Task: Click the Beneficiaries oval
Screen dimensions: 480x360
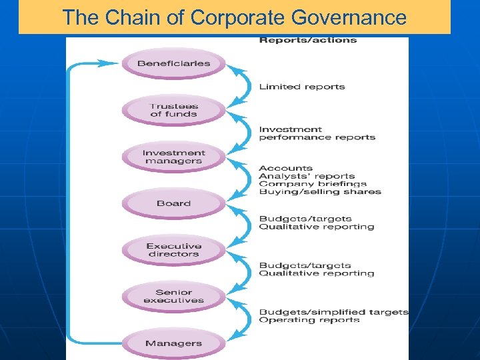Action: click(173, 64)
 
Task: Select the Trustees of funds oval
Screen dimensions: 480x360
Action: click(173, 110)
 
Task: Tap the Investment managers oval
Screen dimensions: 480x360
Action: click(173, 157)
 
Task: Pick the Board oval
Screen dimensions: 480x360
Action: click(173, 203)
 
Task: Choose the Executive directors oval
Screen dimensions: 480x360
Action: click(173, 250)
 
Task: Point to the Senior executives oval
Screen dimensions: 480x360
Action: click(173, 296)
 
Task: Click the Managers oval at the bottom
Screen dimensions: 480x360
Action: click(173, 343)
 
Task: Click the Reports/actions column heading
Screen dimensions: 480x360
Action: click(307, 40)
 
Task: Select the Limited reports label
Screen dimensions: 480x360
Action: click(302, 87)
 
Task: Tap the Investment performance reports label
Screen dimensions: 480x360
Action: click(317, 133)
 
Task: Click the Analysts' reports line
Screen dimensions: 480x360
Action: click(307, 176)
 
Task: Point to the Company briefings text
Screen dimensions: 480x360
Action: click(313, 184)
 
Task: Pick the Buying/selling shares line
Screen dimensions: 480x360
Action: click(320, 192)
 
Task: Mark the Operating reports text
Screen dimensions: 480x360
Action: click(309, 320)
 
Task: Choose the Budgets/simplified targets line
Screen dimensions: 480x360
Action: click(333, 312)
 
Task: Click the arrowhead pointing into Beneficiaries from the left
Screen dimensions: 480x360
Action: click(110, 63)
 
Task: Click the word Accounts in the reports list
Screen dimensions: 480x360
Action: click(285, 168)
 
